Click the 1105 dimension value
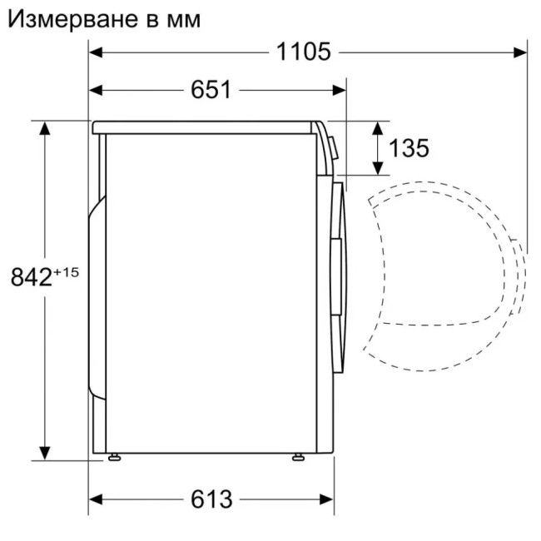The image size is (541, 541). [x=304, y=52]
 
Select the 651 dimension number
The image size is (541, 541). [x=211, y=90]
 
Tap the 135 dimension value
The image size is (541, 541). [x=409, y=148]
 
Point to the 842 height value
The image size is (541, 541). [x=31, y=278]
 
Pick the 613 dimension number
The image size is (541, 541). [x=211, y=499]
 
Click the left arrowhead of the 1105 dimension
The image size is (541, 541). [x=96, y=52]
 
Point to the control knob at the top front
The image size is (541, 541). [x=332, y=146]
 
